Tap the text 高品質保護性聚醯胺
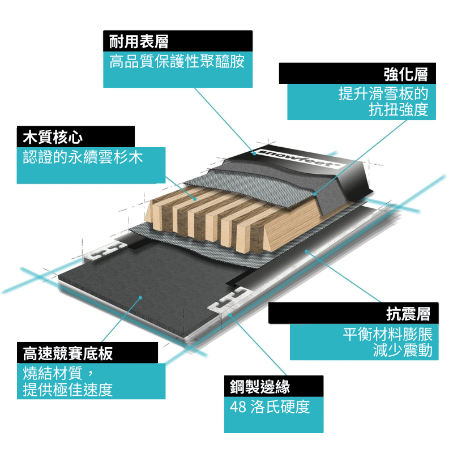coord(177,62)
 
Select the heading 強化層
coord(405,74)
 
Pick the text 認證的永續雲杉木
coord(82,157)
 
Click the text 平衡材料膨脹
coord(387,334)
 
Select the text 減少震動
coord(402,351)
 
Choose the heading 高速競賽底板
coord(68,354)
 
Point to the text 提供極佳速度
coord(67,390)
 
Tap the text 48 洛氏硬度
coord(270,407)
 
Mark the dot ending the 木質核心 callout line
coord(194,199)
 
